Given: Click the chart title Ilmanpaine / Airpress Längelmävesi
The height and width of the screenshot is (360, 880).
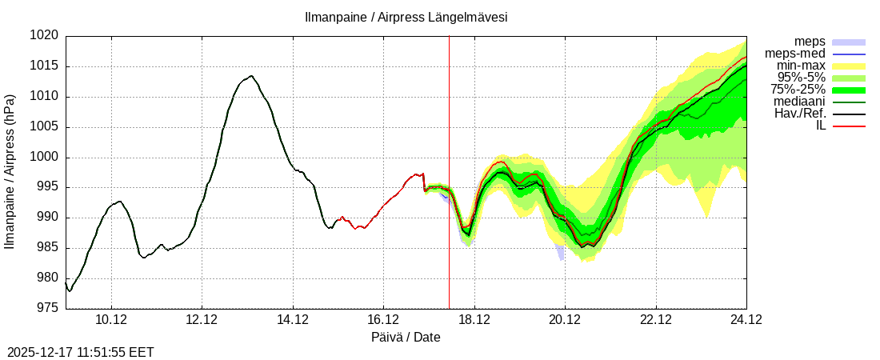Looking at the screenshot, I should click(x=406, y=17).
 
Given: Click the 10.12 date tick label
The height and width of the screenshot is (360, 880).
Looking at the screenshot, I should click(x=111, y=320).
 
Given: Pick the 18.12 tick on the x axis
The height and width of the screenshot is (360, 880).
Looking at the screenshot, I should click(x=474, y=320).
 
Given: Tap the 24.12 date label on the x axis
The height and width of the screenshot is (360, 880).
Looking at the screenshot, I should click(x=746, y=320).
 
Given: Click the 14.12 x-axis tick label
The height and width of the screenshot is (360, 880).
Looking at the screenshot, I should click(x=293, y=320).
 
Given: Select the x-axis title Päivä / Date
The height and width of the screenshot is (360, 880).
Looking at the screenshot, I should click(x=406, y=337).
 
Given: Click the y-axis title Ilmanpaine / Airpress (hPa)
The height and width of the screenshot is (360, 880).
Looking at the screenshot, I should click(x=10, y=172).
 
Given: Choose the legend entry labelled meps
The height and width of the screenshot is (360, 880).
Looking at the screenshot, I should click(x=810, y=42).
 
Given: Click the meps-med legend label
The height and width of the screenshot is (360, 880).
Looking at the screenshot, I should click(x=795, y=54).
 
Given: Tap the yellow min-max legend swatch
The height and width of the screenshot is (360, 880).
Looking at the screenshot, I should click(x=849, y=66).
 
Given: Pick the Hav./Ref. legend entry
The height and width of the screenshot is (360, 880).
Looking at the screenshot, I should click(x=800, y=114).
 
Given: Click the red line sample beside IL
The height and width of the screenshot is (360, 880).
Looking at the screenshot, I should click(x=849, y=126).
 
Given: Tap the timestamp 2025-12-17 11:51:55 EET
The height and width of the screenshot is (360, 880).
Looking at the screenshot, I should click(x=81, y=352).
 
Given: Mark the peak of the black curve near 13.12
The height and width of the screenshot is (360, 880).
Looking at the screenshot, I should click(x=251, y=76).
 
